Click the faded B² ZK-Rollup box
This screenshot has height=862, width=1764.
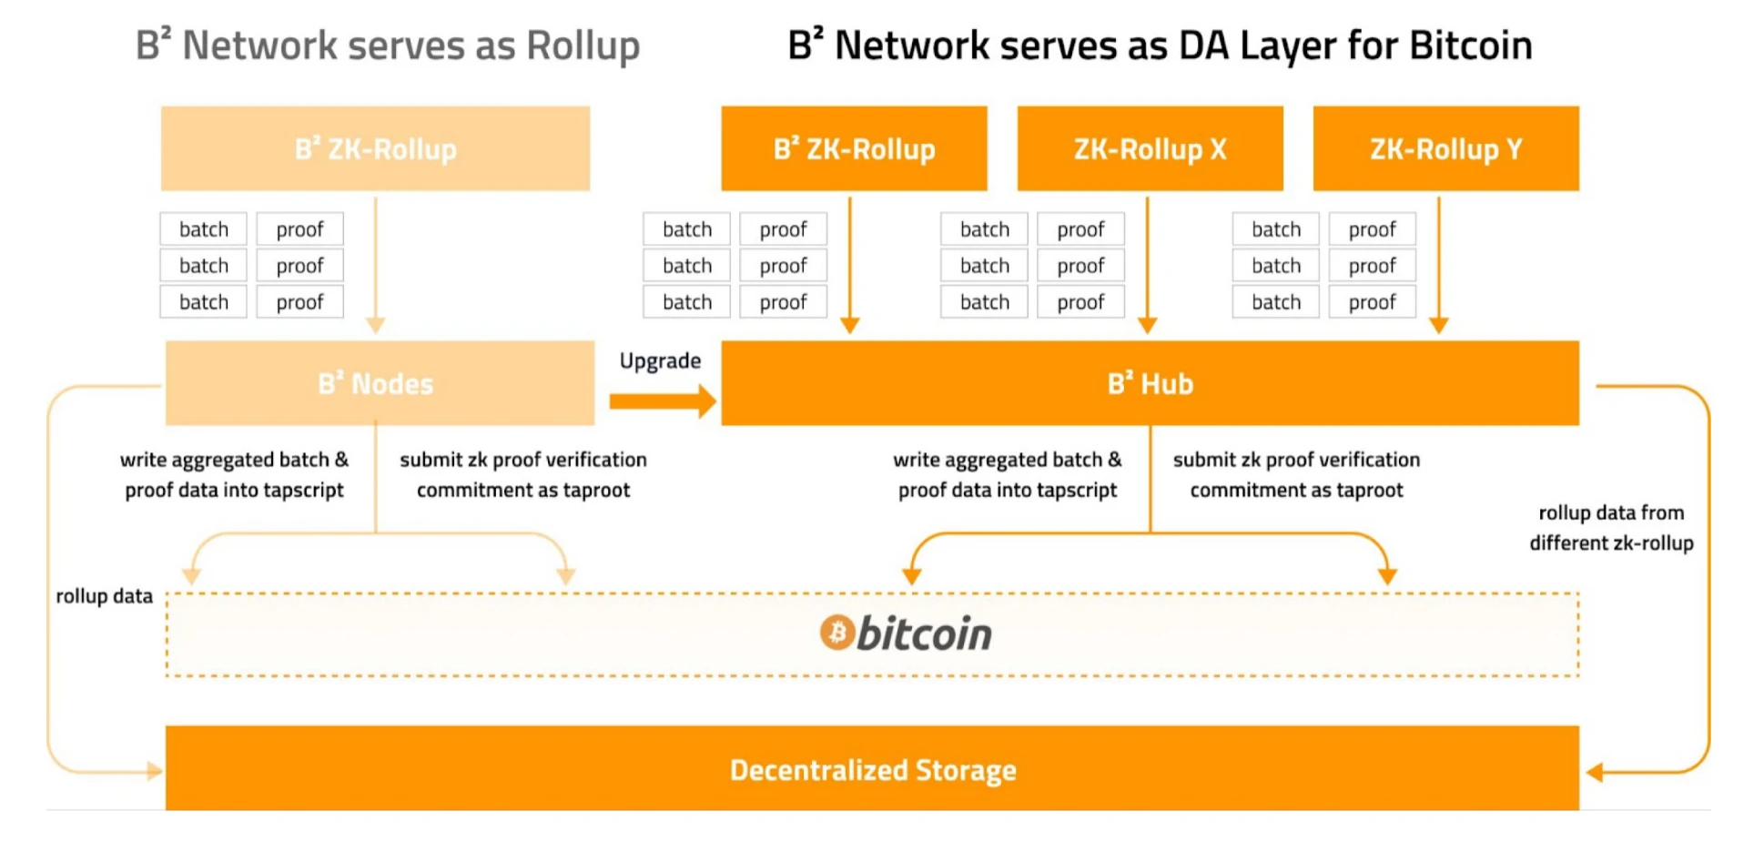(375, 148)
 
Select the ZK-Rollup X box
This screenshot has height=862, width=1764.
(1150, 148)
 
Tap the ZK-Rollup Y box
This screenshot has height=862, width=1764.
(1445, 148)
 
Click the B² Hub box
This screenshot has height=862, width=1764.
(1150, 383)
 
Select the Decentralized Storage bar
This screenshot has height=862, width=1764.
(872, 769)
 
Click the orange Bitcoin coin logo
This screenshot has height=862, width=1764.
(836, 633)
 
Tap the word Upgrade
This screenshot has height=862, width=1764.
(660, 361)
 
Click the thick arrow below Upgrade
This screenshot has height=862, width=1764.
(662, 401)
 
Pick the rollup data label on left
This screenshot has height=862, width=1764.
(104, 596)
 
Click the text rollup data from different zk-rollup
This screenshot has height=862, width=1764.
(1610, 528)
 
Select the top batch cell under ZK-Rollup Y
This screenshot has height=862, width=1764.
(1275, 229)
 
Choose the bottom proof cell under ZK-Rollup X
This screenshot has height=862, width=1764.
(1080, 302)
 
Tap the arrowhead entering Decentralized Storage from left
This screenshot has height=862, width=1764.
(154, 771)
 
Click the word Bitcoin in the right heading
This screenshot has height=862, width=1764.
(1470, 46)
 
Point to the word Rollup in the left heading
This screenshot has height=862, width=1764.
(583, 46)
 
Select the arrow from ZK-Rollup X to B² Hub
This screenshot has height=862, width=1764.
(1147, 264)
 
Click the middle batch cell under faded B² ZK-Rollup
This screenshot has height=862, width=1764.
(203, 266)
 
